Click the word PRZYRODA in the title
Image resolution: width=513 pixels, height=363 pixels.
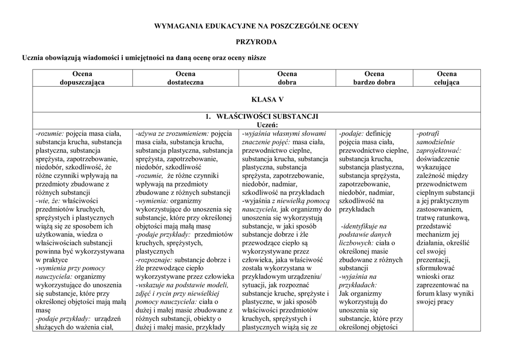pyautogui.click(x=256, y=42)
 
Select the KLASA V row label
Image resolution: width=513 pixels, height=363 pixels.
pyautogui.click(x=256, y=99)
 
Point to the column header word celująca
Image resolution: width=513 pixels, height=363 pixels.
pyautogui.click(x=446, y=82)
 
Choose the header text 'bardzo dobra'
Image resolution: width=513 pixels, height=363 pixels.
pyautogui.click(x=374, y=82)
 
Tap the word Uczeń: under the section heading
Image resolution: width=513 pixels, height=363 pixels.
pyautogui.click(x=267, y=125)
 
